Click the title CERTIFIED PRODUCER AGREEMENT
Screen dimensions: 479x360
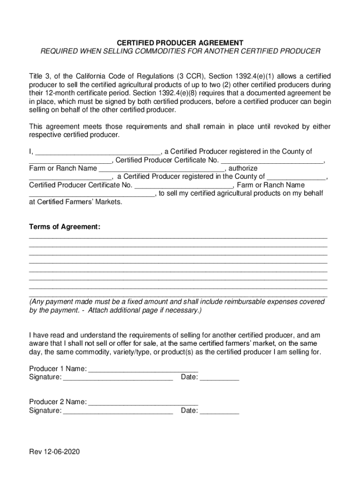(180, 42)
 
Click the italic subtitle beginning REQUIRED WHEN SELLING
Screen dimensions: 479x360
(180, 51)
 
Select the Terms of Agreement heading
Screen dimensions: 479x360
(65, 227)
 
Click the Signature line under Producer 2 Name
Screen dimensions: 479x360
(118, 412)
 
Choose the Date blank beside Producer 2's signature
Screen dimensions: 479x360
(219, 412)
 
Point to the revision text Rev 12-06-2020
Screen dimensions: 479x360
(55, 452)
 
